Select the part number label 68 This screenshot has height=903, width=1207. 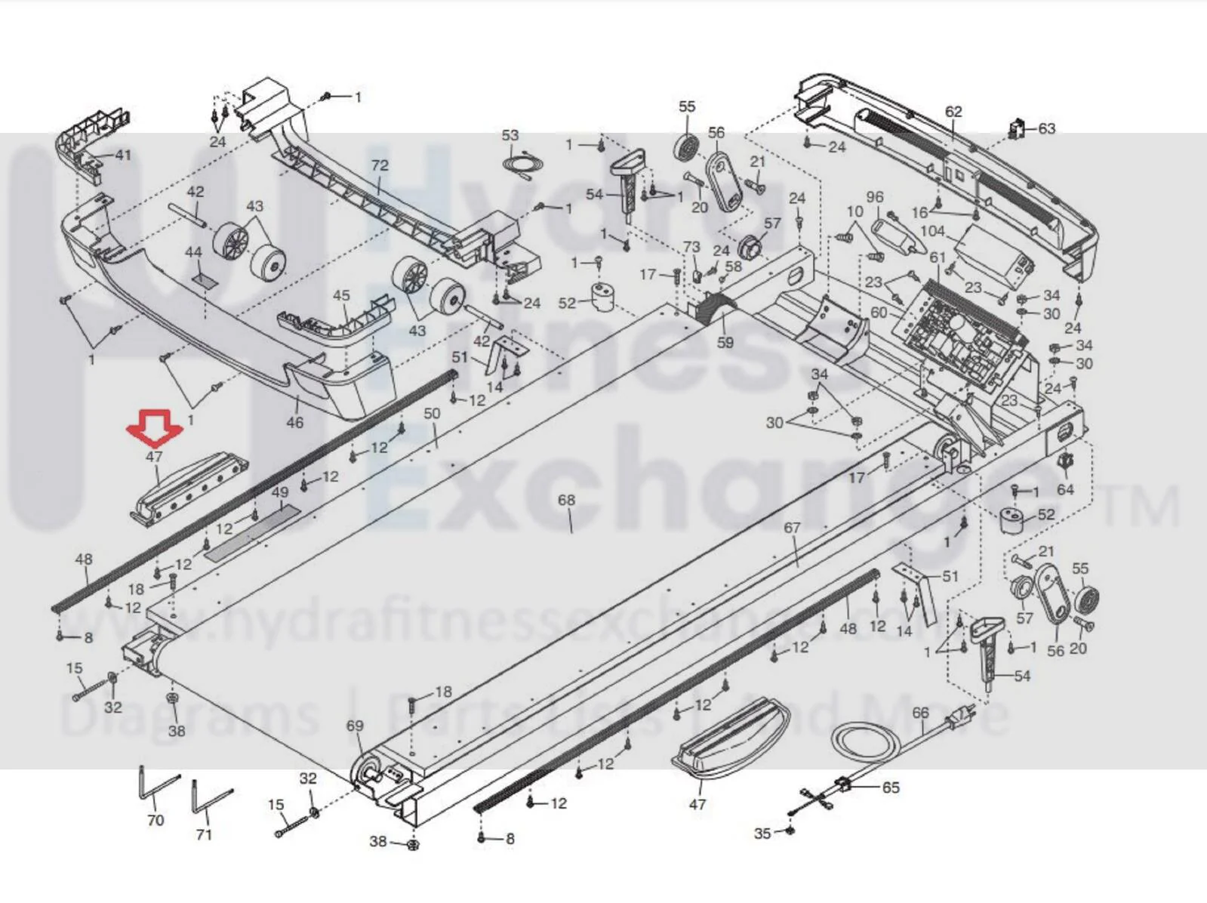click(x=566, y=499)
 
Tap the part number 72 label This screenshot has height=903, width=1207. click(x=380, y=165)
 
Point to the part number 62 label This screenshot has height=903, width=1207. click(x=953, y=112)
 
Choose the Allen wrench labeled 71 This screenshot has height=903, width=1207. click(x=212, y=798)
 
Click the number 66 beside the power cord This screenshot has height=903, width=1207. click(x=920, y=713)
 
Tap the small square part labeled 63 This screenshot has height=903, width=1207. click(x=1018, y=129)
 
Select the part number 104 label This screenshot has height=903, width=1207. click(x=932, y=231)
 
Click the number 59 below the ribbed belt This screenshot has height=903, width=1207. click(x=725, y=343)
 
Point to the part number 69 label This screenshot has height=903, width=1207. click(x=356, y=726)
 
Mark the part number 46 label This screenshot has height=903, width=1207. click(x=294, y=422)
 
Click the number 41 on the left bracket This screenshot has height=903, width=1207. click(x=122, y=155)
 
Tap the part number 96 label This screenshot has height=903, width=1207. click(x=875, y=197)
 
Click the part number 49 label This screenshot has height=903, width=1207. click(x=281, y=492)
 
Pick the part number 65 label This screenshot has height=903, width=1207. click(x=890, y=787)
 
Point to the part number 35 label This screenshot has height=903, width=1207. click(x=762, y=834)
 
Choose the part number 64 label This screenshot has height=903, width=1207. click(x=1065, y=489)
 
